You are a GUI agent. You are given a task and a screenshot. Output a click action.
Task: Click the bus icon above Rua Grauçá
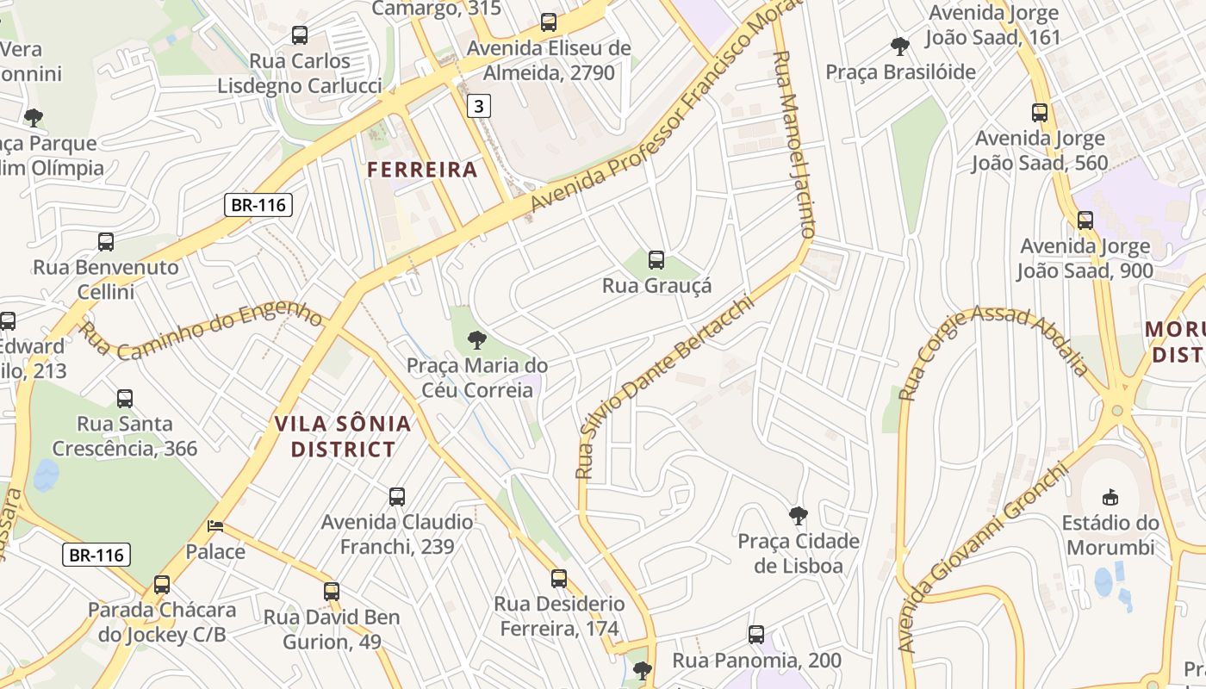pos(656,259)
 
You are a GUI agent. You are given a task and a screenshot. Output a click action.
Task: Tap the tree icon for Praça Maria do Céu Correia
pos(476,340)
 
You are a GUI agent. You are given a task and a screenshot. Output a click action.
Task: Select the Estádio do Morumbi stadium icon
pos(1110,497)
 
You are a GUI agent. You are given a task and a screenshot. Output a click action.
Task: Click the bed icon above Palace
pos(215,525)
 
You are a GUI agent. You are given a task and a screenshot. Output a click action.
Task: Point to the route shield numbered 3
pos(480,106)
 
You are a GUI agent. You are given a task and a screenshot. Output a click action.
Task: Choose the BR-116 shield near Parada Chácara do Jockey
pos(96,555)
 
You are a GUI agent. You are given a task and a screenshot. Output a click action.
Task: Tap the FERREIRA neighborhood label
pos(422,170)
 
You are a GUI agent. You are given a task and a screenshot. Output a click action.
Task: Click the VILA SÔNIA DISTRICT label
pos(343,437)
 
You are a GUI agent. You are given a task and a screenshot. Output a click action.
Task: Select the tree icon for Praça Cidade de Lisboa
pos(799,516)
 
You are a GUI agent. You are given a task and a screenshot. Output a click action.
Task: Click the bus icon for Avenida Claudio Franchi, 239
pos(397,496)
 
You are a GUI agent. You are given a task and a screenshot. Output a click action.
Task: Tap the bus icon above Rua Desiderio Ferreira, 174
pos(559,578)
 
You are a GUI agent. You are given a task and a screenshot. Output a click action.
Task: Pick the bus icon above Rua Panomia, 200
pos(756,635)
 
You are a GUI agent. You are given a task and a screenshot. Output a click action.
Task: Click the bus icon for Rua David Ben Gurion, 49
pos(332,592)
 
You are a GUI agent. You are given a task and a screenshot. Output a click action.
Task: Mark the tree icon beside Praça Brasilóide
pos(900,46)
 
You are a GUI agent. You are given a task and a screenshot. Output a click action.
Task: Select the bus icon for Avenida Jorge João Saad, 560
pos(1040,112)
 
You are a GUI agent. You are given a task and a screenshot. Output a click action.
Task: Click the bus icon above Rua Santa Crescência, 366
pos(125,398)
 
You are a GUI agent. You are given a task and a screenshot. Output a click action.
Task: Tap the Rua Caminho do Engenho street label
pos(202,331)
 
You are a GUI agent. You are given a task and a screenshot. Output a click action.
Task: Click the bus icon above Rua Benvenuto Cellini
pos(106,242)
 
